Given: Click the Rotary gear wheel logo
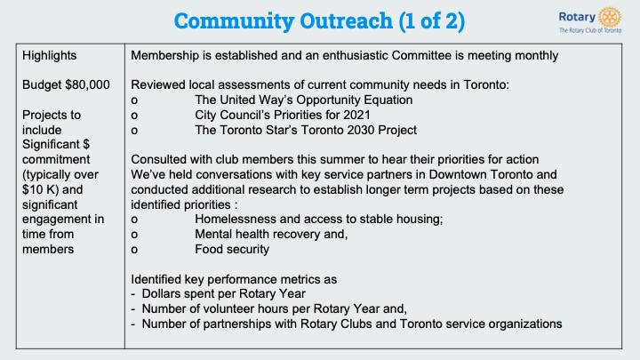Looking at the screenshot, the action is coord(610,17).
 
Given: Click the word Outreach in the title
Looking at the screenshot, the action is coord(346,20).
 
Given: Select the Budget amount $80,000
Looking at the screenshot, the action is coord(88,85).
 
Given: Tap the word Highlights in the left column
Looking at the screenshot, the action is coord(50,55).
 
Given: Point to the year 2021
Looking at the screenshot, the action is coord(356,115).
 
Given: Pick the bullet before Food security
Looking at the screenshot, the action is coord(134,250).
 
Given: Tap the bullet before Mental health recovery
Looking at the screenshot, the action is coord(134,235).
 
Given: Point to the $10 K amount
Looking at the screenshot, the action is coord(40,190).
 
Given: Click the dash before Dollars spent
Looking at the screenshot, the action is coord(133,294).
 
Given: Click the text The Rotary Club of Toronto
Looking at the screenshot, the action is coord(590,30).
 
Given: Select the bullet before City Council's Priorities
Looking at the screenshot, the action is coord(134,116).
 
